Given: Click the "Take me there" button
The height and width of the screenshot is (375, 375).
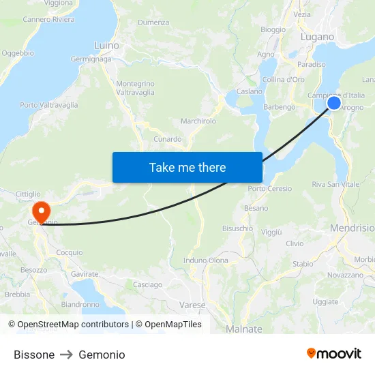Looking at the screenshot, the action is coord(187,167).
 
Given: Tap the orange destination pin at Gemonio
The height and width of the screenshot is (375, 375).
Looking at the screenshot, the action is coord(41,210).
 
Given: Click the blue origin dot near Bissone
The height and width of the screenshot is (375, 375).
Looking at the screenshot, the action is coord(334,103).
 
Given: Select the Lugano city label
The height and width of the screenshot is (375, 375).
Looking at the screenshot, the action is coord(317,37).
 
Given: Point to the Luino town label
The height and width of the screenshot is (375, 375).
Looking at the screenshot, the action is coord(106,46).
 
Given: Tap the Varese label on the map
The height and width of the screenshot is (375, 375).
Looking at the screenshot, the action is coord(192,305).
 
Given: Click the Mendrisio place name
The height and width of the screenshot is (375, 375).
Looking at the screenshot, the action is coord(352,228).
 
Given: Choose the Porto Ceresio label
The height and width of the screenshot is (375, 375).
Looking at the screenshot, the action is coord(270,189).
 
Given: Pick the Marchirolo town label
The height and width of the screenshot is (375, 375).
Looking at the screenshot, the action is coord(198,121).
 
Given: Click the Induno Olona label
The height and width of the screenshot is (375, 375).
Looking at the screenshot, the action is coord(206,260).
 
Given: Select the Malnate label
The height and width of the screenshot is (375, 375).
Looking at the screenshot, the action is coord(243,329).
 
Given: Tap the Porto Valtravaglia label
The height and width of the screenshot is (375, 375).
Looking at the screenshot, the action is coord(49,105).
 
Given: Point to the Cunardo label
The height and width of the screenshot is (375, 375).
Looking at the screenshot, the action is coord(167,139).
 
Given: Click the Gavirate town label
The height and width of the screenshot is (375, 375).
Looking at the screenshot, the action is coord(85,273).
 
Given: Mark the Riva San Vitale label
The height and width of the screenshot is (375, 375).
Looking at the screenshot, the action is coord(335,185).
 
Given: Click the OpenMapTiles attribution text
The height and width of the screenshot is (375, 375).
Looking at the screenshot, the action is coord(172,325).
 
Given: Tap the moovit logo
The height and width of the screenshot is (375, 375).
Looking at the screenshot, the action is coord(334,354).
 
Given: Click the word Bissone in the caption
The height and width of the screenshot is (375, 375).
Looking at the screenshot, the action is coord(34,355).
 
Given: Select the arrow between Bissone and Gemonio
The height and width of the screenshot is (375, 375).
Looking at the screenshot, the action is coord(67,355).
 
